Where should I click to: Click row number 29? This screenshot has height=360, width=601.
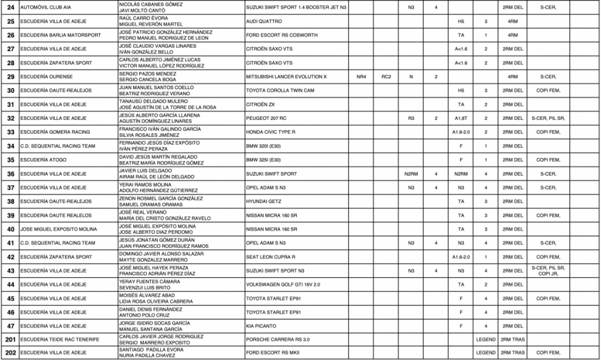coord(10,76)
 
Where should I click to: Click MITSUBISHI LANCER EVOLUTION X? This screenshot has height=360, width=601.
coord(286,76)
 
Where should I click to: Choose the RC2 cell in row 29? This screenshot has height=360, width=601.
coord(386,76)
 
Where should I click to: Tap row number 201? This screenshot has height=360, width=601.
coord(10,339)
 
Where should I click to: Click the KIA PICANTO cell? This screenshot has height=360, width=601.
coord(261,325)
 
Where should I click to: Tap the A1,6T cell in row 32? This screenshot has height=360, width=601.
coord(461,118)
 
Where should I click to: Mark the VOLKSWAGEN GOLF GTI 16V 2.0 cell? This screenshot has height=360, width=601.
coord(283,284)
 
